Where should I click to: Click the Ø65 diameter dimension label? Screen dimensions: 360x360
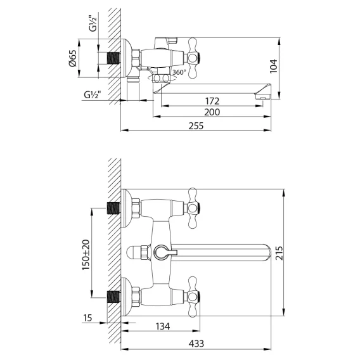point(72,58)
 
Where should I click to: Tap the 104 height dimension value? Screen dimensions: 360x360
point(273,67)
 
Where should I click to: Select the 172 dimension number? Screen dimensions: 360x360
point(212,101)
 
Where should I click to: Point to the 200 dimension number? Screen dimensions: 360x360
point(212,112)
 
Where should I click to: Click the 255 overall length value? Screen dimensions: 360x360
point(196,126)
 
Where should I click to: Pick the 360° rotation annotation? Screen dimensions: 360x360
point(179,72)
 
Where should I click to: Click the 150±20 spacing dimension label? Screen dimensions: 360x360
point(86,255)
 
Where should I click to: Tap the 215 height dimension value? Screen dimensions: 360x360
point(279,253)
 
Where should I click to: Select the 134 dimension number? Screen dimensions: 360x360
point(163,326)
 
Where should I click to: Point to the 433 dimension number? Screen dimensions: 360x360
point(196,344)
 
